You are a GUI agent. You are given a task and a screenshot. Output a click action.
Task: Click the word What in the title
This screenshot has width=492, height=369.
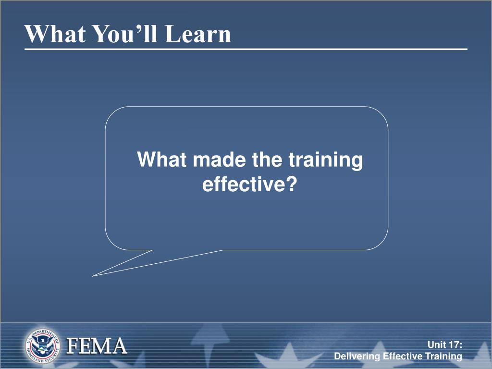[x=55, y=34]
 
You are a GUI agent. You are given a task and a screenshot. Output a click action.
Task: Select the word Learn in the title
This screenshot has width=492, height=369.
[x=198, y=34]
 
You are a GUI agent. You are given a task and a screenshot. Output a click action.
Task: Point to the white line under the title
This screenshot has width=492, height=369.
[x=246, y=49]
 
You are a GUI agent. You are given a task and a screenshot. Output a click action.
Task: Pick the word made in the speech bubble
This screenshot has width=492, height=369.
[x=219, y=160]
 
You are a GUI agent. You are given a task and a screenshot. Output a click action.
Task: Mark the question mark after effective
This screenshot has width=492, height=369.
[x=292, y=184]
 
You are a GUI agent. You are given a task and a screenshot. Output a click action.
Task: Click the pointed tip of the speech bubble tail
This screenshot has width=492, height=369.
[x=93, y=276]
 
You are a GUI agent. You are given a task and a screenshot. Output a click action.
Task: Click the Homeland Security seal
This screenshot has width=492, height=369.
[x=42, y=346]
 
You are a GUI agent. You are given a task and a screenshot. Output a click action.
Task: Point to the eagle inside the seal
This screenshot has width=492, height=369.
[x=42, y=345]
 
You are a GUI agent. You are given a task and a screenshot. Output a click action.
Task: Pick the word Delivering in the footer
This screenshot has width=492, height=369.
[x=357, y=357]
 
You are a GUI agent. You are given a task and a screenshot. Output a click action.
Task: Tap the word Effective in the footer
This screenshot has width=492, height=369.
[x=403, y=356]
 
